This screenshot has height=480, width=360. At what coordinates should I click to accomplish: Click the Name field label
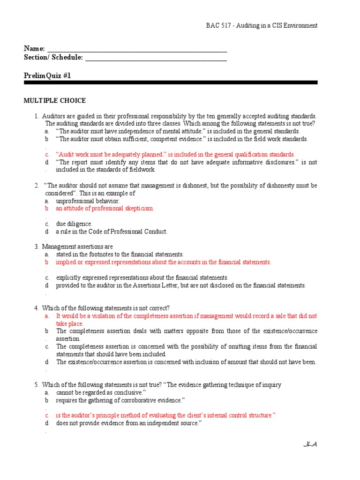[34, 49]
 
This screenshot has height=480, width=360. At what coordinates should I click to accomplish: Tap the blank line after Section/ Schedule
[156, 58]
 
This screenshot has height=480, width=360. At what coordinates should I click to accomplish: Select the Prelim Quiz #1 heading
[47, 75]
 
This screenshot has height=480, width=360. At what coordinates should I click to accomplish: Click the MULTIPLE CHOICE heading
[55, 100]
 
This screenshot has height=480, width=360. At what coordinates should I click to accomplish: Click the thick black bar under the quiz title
[171, 82]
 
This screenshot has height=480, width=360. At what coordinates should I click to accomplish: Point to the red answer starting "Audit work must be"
[175, 154]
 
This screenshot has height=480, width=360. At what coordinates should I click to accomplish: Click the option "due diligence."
[74, 224]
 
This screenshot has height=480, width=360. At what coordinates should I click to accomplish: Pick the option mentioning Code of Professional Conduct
[112, 231]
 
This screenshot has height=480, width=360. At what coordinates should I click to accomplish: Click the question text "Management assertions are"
[77, 247]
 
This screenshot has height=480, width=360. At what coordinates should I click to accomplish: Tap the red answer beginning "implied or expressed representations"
[163, 262]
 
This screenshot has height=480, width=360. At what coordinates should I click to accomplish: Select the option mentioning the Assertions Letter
[180, 285]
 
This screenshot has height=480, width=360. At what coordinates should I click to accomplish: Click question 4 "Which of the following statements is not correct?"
[105, 308]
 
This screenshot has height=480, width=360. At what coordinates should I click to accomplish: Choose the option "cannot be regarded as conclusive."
[101, 392]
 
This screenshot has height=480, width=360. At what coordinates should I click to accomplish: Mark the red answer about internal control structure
[165, 415]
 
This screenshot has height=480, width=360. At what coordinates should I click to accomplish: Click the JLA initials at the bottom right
[310, 444]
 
